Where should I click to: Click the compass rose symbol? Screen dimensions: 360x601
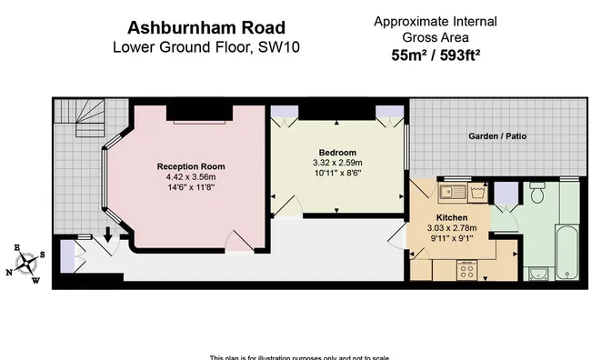pos(31,264)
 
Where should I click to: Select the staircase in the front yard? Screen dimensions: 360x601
pos(75,117)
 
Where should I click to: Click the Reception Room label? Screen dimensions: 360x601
pos(190,166)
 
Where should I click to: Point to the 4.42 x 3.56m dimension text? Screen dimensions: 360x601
pos(190,177)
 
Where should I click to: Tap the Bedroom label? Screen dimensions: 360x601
pos(337,152)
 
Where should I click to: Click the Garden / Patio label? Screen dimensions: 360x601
pos(497,136)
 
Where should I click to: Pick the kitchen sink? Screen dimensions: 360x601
pos(448,192)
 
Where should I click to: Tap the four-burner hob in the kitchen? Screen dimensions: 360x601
pos(468,269)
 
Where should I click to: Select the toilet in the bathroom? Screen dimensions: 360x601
pos(536,194)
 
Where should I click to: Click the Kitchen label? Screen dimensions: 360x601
pos(451,219)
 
